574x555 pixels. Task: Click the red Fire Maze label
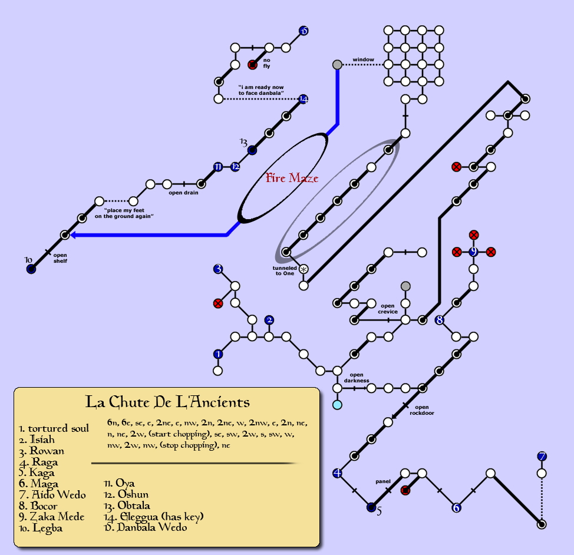292,178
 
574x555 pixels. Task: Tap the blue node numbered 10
31,269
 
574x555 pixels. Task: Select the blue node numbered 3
218,269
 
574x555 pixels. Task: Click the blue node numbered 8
439,320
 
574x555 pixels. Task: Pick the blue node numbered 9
473,252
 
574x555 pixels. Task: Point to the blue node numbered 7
542,456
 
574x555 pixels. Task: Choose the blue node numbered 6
456,508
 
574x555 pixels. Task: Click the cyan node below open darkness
337,405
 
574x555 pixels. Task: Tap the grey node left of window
337,64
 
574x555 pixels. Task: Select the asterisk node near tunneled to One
304,269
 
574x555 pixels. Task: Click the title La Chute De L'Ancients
167,402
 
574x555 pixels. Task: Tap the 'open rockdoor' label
421,410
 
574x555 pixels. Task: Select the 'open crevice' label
388,309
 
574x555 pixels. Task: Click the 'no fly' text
266,63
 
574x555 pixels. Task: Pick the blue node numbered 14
304,99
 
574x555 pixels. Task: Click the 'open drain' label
183,193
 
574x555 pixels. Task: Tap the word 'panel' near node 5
383,481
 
